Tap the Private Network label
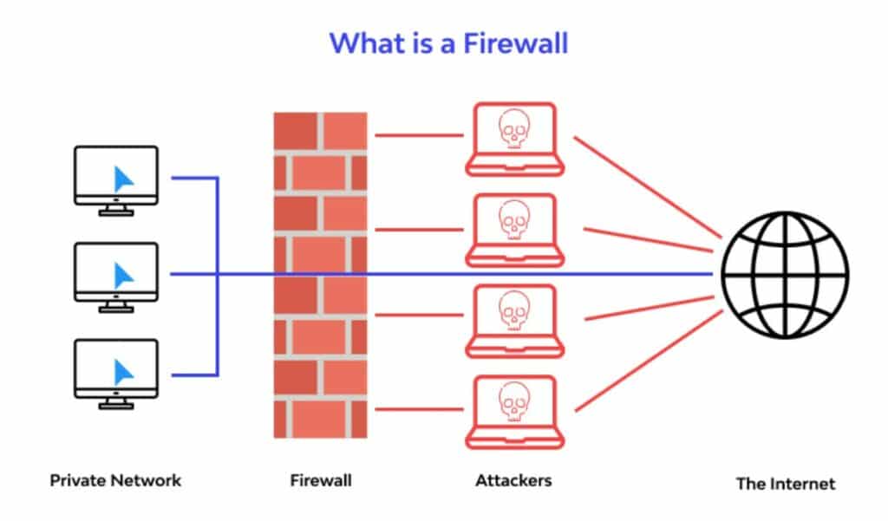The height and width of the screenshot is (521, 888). [x=115, y=479]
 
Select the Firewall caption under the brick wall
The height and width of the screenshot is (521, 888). [x=321, y=479]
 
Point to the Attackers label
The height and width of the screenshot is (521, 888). [x=513, y=479]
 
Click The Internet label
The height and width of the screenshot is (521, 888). [x=786, y=483]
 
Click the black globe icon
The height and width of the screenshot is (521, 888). [x=785, y=275]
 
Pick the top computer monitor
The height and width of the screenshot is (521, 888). [x=116, y=177]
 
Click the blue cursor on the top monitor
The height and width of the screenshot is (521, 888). [x=125, y=179]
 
